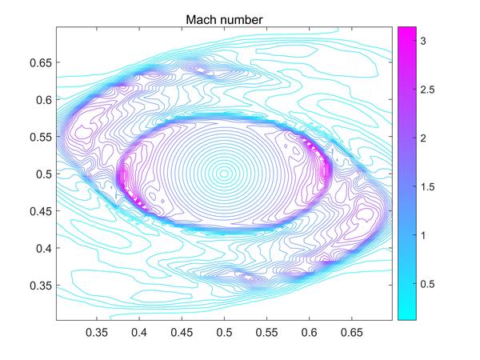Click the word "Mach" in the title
click(203, 18)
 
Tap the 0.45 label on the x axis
click(182, 330)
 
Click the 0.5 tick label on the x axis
click(225, 330)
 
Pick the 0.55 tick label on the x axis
click(267, 330)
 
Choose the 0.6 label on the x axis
click(310, 330)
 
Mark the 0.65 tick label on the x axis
click(352, 330)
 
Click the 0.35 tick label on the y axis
click(40, 285)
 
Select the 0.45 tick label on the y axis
click(40, 211)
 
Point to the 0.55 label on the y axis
click(40, 137)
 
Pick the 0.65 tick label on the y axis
click(40, 62)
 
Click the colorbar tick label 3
click(426, 39)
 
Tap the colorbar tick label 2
click(426, 138)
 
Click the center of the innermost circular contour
click(225, 173)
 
